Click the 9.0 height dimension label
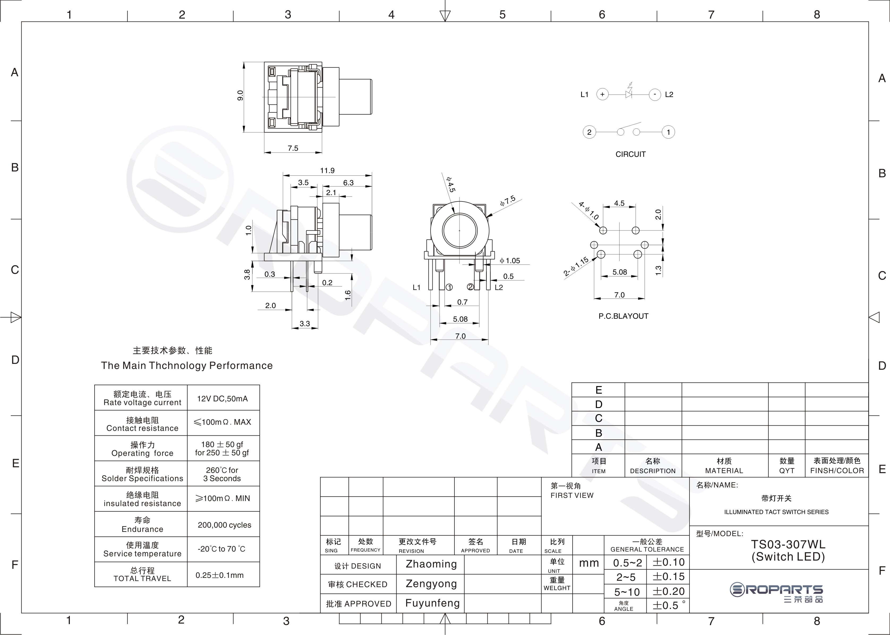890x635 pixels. coord(240,95)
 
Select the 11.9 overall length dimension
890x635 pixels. coord(327,170)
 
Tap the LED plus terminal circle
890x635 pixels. coord(602,94)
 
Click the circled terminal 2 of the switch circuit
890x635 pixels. coord(589,132)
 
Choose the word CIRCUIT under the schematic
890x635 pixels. coord(631,154)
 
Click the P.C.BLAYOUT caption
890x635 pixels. coord(624,316)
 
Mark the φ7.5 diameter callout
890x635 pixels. coord(508,201)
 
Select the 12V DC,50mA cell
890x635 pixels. coord(222,398)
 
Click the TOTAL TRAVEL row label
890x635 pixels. coord(142,579)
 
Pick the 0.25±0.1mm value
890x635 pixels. coord(220,575)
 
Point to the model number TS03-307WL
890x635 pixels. coord(789,544)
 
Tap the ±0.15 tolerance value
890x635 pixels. coord(668,577)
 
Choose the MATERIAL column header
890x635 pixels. coord(724,471)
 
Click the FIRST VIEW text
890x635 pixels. coord(572,495)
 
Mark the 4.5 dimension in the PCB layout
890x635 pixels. coord(619,203)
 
